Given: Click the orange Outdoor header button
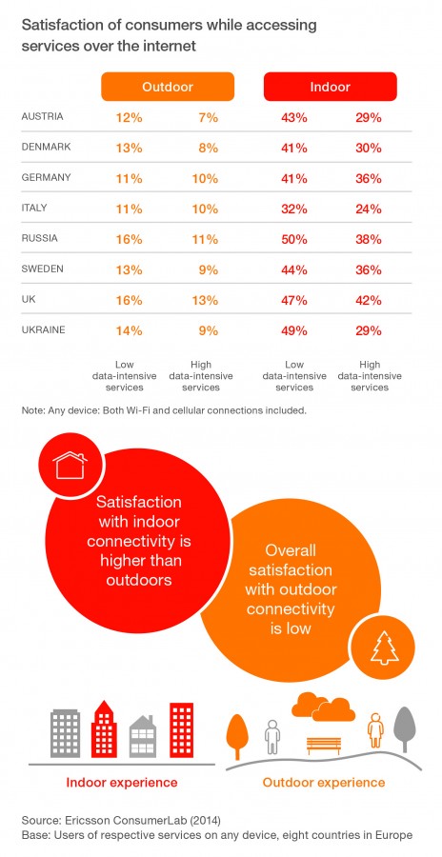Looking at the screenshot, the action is point(168,87).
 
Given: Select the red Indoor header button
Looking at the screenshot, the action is point(330,87).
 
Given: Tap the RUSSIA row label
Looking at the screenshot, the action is point(39,238).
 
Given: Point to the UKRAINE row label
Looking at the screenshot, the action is point(43,329).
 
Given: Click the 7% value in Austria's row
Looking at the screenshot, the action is point(209,117).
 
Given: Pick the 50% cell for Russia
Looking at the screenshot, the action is point(295,239).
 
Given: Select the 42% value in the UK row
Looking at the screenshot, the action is point(368,300).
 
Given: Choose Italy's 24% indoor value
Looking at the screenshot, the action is point(368,209).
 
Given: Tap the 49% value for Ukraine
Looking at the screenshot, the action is point(295,330).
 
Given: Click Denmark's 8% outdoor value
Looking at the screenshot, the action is point(209,148).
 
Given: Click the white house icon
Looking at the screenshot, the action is point(70,465).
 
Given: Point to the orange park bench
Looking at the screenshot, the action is point(324,746).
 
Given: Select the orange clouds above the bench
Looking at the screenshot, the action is point(323,707).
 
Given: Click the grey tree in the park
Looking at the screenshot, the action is point(405,730).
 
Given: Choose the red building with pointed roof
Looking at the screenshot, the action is point(104,728).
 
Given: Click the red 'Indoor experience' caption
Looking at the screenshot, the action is point(121,782).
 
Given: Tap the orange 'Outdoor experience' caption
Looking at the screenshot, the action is point(324,782).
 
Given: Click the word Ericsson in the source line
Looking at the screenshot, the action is point(83,821).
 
